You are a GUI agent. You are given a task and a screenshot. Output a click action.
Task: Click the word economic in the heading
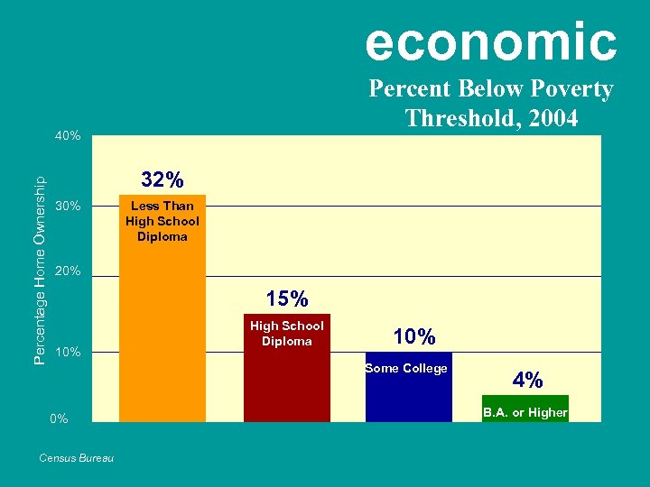coord(491,41)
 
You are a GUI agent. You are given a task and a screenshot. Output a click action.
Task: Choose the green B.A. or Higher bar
coord(525,410)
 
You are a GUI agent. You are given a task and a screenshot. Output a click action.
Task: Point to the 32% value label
coord(162,178)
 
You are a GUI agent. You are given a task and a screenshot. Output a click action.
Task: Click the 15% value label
coord(287,298)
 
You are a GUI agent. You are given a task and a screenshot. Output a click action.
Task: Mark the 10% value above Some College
coord(414,336)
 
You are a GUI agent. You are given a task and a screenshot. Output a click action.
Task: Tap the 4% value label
coord(527,380)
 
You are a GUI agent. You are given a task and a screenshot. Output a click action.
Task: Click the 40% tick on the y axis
coord(68,136)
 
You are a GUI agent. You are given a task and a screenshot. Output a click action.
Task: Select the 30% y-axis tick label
coord(68,207)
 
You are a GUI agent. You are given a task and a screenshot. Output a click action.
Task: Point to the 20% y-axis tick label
coord(68,271)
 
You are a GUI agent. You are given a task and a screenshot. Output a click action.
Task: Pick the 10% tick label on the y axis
coord(68,352)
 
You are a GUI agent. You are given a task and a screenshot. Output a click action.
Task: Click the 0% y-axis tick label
coord(60,419)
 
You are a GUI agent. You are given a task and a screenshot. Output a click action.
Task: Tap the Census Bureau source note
coord(77,458)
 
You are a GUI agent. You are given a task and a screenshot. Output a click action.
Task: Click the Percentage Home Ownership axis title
coord(40,271)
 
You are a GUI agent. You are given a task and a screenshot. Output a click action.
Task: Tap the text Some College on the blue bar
coord(406,368)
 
